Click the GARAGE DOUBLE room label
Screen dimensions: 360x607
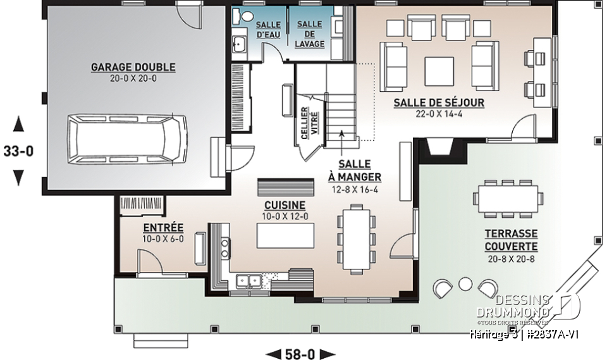click(x=133, y=67)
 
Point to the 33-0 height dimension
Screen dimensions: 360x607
click(x=18, y=152)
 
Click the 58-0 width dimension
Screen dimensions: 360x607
click(x=300, y=353)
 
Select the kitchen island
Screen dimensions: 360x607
click(x=285, y=236)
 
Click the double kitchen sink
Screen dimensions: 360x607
click(x=249, y=280)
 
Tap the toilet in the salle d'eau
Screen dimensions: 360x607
click(x=247, y=17)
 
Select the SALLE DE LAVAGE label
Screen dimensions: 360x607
click(x=310, y=34)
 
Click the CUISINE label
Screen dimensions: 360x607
click(x=285, y=206)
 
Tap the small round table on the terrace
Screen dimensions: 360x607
click(x=465, y=283)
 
